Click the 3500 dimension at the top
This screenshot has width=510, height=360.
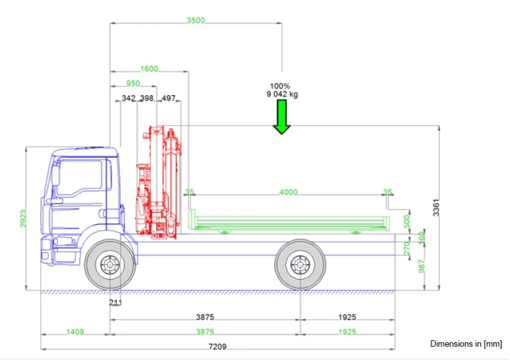click(x=196, y=20)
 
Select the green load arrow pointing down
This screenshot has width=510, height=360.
click(x=282, y=118)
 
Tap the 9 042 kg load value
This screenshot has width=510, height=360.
click(x=282, y=94)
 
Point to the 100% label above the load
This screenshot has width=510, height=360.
click(x=280, y=86)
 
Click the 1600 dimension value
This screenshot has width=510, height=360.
click(x=149, y=69)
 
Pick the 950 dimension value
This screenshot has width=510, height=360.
click(x=133, y=84)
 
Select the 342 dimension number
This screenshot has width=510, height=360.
click(x=129, y=99)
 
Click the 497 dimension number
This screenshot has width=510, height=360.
click(x=169, y=99)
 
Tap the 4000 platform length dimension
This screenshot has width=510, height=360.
click(x=289, y=192)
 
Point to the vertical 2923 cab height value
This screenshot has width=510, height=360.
click(x=23, y=219)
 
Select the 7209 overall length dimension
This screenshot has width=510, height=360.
click(x=218, y=347)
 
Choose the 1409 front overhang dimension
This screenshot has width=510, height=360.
click(x=75, y=332)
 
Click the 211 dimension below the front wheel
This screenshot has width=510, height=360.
click(x=115, y=303)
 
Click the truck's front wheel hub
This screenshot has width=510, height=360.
click(x=110, y=265)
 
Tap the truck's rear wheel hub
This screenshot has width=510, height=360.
click(x=297, y=265)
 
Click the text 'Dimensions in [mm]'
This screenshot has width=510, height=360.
click(x=466, y=344)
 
